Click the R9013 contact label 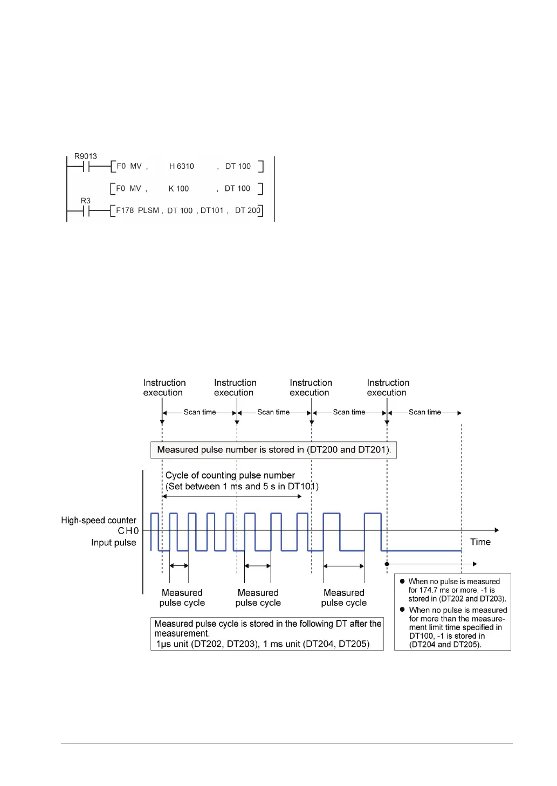(x=85, y=156)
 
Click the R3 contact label (x=86, y=201)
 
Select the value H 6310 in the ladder (x=181, y=167)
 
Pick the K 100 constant (x=178, y=189)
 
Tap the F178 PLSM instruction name (x=137, y=210)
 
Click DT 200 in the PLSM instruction (x=247, y=210)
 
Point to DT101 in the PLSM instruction (x=212, y=210)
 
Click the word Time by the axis (x=480, y=542)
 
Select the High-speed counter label (x=99, y=521)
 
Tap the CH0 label (x=128, y=531)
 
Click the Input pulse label (x=113, y=543)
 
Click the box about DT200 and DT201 (x=273, y=450)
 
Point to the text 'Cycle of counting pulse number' (x=230, y=475)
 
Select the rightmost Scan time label (x=424, y=412)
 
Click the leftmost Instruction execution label (x=164, y=388)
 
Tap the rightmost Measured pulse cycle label (x=343, y=598)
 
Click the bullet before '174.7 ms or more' (x=402, y=582)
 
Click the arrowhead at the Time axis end (x=497, y=530)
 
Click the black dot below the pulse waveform (x=387, y=564)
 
